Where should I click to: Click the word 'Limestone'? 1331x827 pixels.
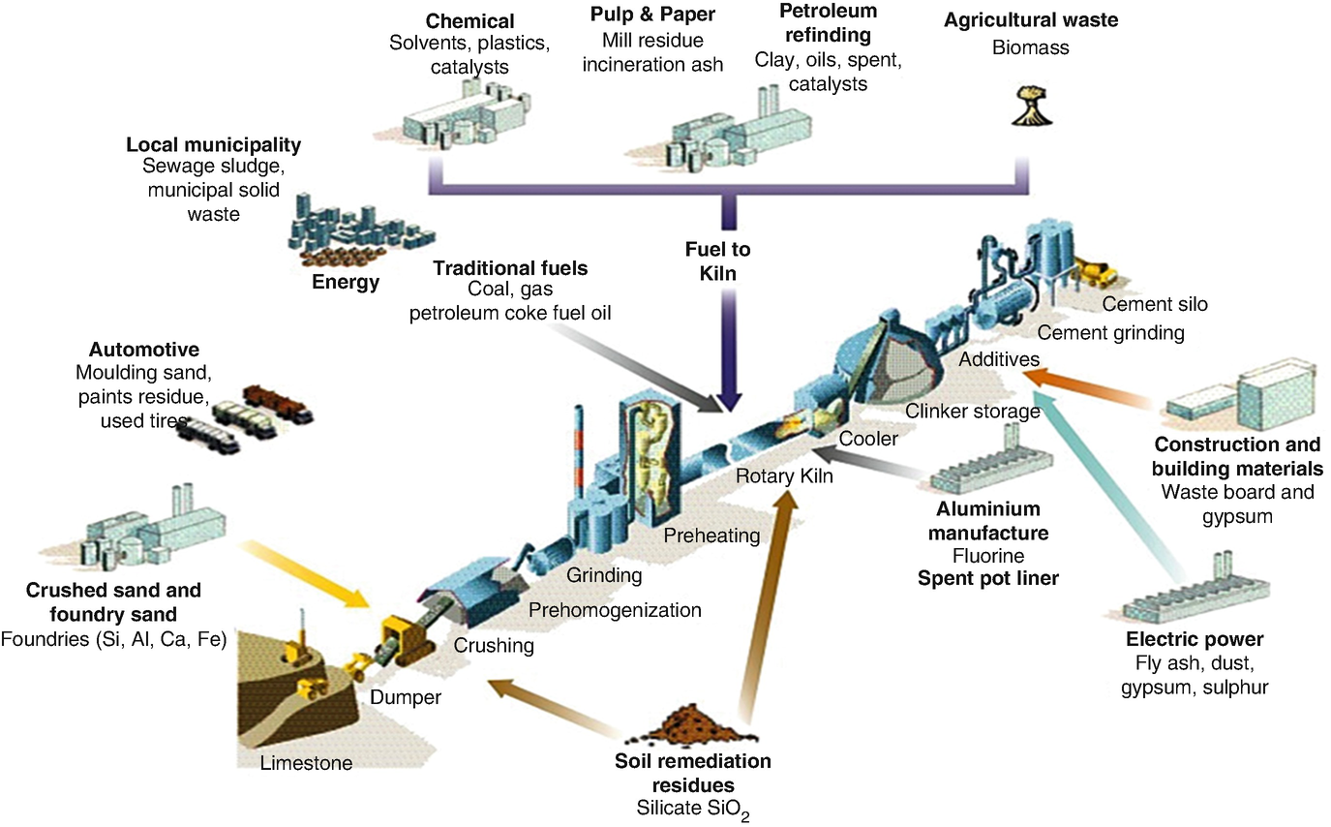coord(306,763)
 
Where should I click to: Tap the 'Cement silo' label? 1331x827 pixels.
coord(1155,305)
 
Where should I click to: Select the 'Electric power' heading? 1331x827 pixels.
coord(1195,640)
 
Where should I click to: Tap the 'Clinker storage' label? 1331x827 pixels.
coord(972,412)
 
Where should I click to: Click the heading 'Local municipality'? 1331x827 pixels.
coord(213,145)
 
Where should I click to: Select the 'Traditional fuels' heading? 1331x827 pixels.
coord(510,267)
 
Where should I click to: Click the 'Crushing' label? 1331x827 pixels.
coord(494,645)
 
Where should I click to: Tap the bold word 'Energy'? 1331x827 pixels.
coord(346,283)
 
